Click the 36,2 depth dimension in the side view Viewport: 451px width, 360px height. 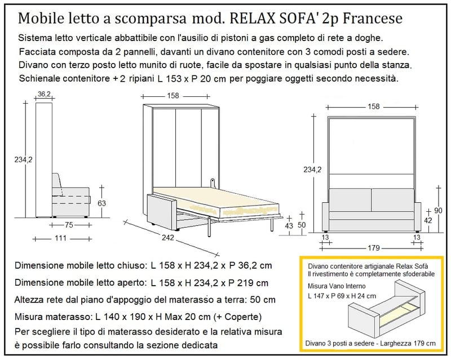pyautogui.click(x=44, y=94)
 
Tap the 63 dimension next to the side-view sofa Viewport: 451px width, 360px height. pyautogui.click(x=101, y=203)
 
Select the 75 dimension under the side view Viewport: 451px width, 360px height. pyautogui.click(x=69, y=225)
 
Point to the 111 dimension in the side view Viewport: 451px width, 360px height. pyautogui.click(x=61, y=238)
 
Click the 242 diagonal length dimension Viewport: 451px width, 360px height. pyautogui.click(x=167, y=237)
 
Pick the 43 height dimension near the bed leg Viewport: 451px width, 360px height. pyautogui.click(x=289, y=226)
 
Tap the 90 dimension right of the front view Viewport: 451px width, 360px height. pyautogui.click(x=438, y=211)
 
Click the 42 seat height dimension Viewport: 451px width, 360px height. pyautogui.click(x=428, y=220)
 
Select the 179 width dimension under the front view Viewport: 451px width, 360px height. pyautogui.click(x=373, y=247)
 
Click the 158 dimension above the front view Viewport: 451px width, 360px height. pyautogui.click(x=373, y=106)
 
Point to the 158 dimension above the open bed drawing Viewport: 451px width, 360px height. pyautogui.click(x=173, y=96)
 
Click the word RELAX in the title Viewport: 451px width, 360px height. pyautogui.click(x=250, y=19)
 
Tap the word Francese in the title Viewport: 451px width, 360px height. pyautogui.click(x=373, y=19)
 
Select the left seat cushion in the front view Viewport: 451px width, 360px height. pyautogui.click(x=350, y=200)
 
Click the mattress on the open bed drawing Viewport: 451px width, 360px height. pyautogui.click(x=216, y=202)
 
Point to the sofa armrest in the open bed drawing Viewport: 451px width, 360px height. pyautogui.click(x=162, y=212)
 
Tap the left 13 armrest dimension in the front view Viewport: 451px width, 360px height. pyautogui.click(x=325, y=237)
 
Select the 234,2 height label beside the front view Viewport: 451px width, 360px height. pyautogui.click(x=312, y=170)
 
